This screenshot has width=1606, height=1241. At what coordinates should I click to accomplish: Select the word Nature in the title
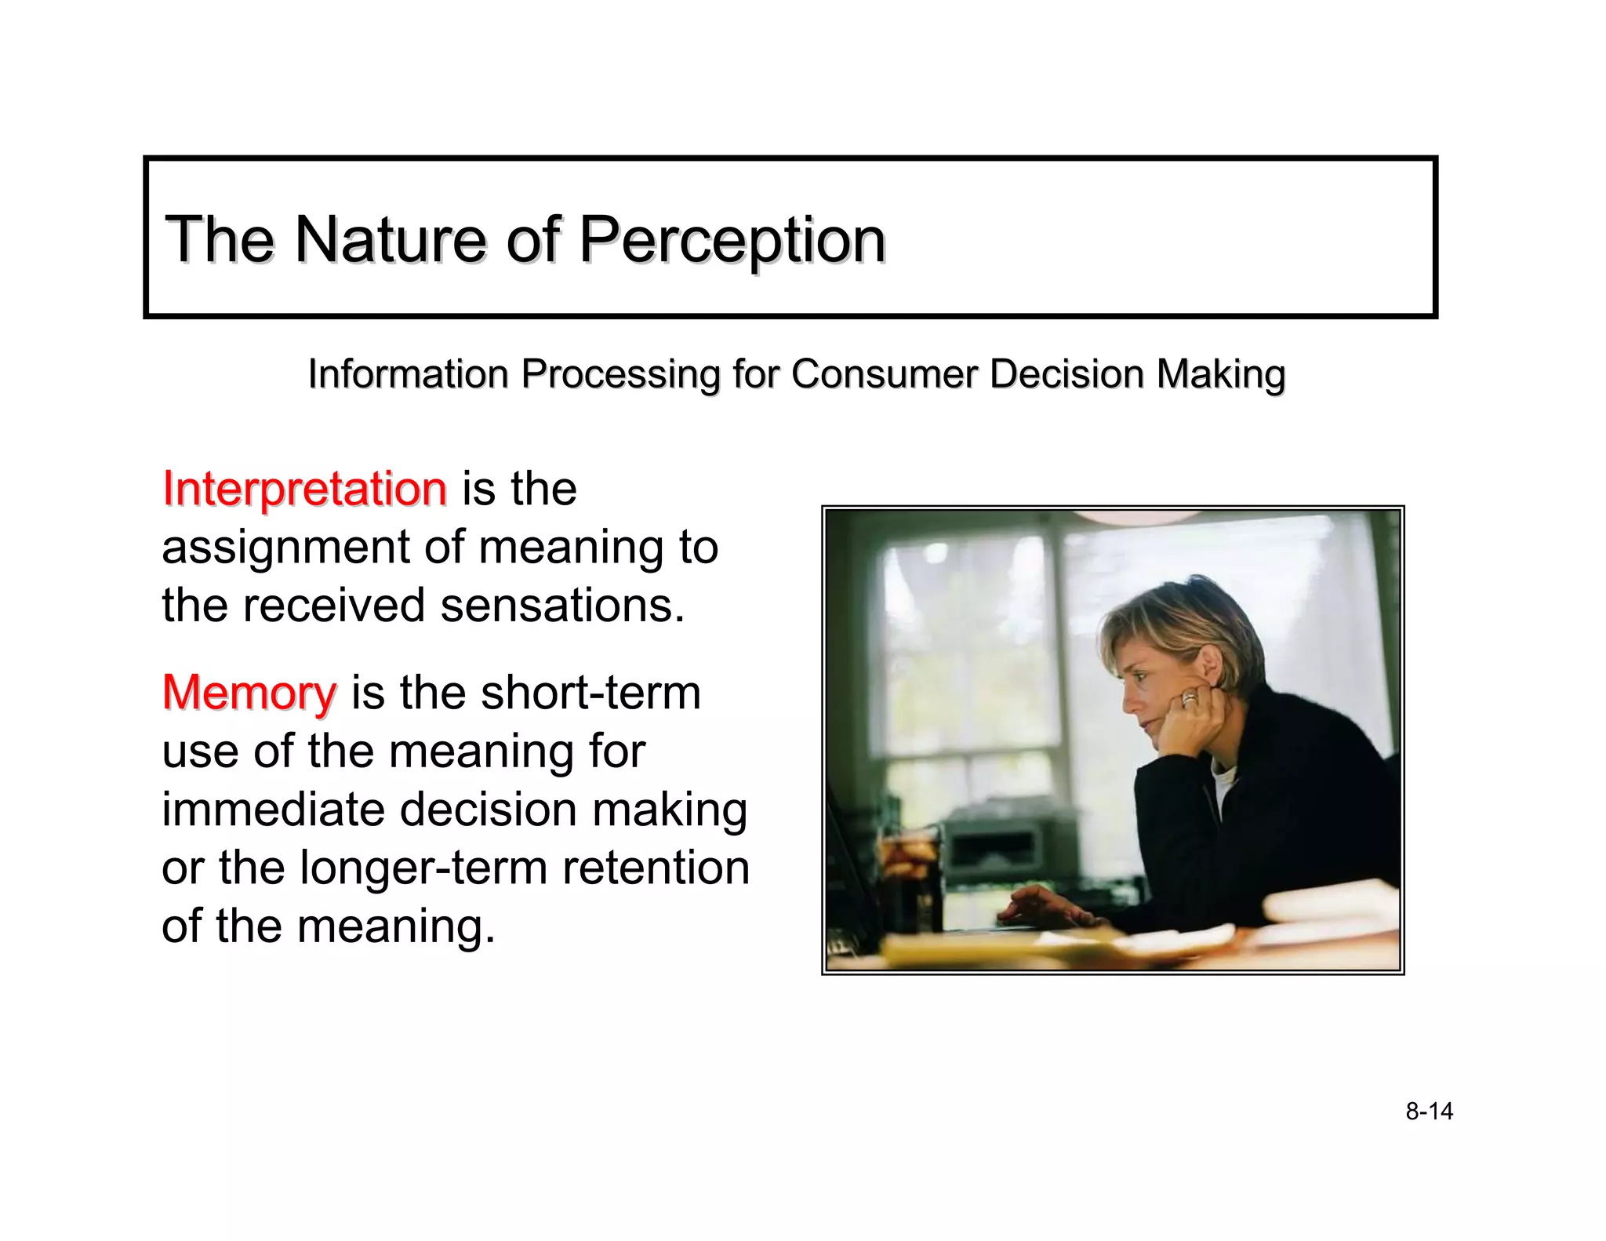[389, 240]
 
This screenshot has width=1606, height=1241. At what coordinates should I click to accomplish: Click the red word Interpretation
[304, 489]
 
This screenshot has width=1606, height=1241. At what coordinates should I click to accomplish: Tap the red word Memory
[249, 693]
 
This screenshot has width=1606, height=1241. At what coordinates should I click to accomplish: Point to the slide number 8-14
[1429, 1112]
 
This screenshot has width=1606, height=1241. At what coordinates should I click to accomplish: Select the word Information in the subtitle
[408, 374]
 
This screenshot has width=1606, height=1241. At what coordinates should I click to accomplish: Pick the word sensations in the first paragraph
[561, 606]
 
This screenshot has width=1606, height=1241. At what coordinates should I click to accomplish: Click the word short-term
[590, 693]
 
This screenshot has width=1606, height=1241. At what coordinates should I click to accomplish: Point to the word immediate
[274, 810]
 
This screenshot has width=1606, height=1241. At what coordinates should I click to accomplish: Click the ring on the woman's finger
[1189, 698]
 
